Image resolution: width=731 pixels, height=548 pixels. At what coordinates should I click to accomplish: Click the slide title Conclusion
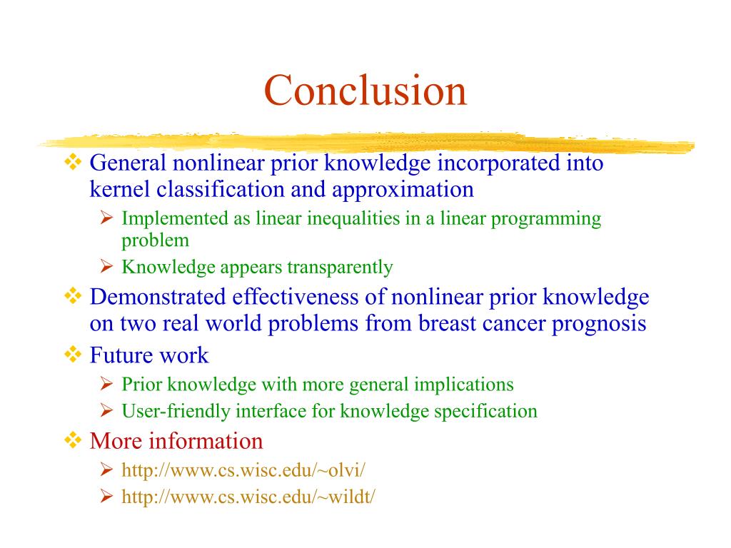pos(365,90)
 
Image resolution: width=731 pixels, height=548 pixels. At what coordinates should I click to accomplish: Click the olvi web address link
pos(243,470)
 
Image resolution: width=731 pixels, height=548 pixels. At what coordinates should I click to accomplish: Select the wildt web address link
pos(248,497)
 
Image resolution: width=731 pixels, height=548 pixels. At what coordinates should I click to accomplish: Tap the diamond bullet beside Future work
pos(73,355)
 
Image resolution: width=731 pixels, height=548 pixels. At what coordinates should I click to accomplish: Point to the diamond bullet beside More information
pos(73,440)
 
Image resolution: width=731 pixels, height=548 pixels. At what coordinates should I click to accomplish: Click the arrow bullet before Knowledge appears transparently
pos(107,266)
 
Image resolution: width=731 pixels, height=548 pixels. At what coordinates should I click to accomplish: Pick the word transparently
pos(340,268)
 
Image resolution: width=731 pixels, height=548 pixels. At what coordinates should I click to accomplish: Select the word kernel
pos(119,189)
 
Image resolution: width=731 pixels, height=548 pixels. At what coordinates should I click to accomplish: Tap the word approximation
pos(403,190)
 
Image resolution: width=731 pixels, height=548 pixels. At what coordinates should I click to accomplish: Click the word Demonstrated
pos(158,297)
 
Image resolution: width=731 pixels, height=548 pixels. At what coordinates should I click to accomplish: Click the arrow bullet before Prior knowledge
pos(107,383)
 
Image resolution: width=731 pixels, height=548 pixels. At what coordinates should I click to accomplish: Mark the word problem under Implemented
pos(155,241)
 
